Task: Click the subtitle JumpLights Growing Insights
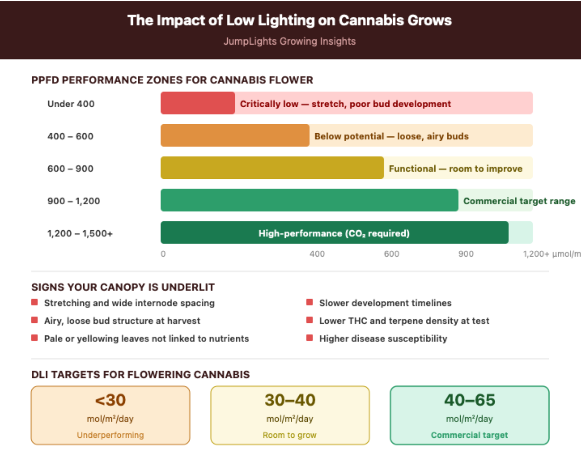290,41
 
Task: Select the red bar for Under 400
198,103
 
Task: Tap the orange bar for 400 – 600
235,136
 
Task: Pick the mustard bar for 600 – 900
272,168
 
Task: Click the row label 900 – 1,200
74,201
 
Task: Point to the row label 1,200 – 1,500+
80,233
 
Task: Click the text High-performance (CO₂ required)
334,233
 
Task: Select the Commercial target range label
519,201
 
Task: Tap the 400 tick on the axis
317,254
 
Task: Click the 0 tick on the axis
163,254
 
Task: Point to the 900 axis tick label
466,254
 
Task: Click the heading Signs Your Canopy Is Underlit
123,287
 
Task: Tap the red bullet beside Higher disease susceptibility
309,338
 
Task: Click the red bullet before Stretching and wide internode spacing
34,302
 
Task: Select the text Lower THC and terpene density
404,321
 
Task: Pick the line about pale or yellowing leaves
146,338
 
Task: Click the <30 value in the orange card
110,400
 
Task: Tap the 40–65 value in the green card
470,400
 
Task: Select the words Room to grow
290,435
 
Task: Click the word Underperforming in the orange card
110,435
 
